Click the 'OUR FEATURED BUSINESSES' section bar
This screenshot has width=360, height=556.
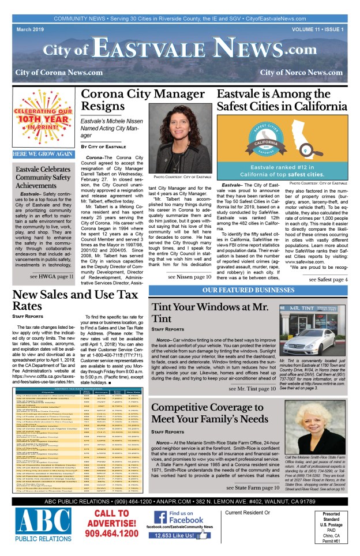(x=248, y=289)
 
